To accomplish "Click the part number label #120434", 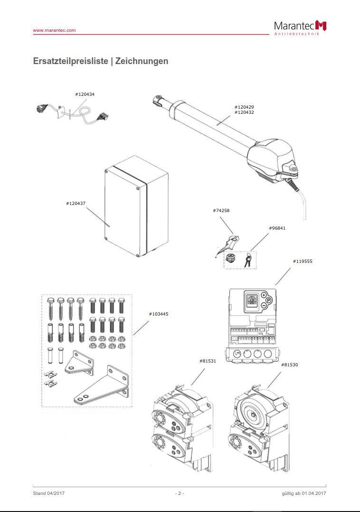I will point(85,94).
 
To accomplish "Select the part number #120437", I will point(76,203).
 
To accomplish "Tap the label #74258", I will point(221,210).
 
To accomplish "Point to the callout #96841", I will point(277,228).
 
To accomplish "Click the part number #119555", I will point(303,261).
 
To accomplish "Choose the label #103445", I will point(158,314).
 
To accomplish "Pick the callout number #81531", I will point(208,361).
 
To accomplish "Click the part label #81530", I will point(289,364).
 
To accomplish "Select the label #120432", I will point(244,112).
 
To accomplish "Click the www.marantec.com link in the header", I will point(54,30).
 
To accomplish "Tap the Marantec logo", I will point(300,27).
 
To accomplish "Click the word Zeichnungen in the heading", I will point(142,61).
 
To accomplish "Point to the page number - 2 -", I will point(180,493).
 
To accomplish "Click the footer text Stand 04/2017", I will point(49,493).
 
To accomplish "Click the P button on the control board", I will point(268,300).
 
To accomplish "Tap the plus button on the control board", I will point(264,295).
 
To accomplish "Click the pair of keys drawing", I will point(248,260).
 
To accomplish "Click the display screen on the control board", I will point(252,300).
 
